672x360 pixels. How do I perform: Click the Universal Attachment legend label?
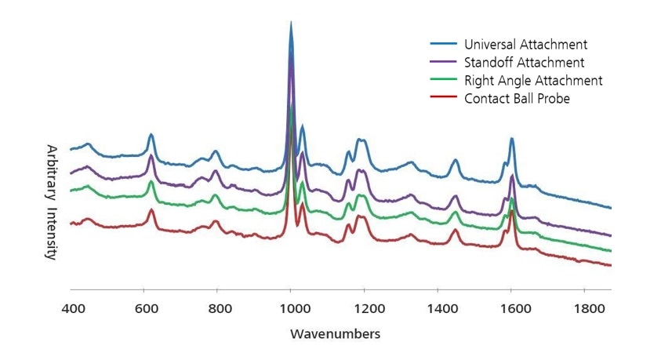[525, 45]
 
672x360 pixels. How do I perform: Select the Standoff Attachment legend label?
[523, 63]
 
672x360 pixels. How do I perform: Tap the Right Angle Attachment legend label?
[532, 81]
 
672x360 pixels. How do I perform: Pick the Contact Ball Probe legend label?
[517, 99]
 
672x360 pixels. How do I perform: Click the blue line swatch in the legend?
[442, 45]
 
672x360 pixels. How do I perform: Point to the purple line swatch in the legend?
[442, 63]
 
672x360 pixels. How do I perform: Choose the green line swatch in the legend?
[442, 81]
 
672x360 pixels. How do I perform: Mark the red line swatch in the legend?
[442, 99]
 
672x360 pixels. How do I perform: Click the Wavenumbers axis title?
[335, 333]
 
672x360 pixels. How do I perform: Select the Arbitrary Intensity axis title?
[52, 202]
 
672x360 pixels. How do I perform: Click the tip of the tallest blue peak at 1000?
[291, 24]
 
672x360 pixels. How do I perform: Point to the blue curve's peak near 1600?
[512, 139]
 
